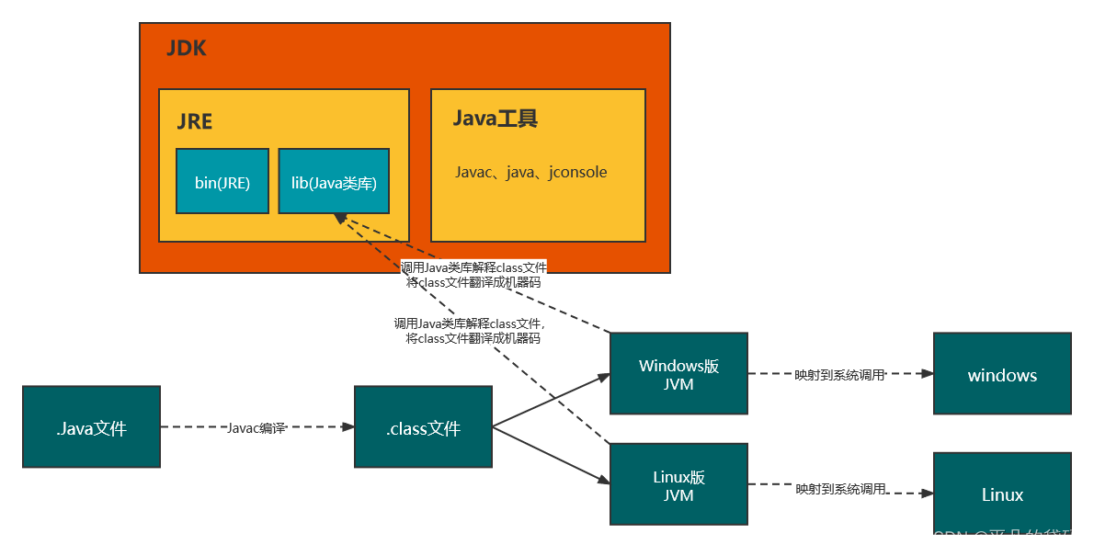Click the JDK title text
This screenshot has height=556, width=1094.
[x=187, y=49]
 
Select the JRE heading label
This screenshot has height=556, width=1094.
[x=195, y=122]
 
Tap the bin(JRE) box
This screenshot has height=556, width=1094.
[x=222, y=182]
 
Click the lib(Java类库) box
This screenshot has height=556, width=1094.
[x=334, y=182]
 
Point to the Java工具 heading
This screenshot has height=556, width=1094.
[x=495, y=119]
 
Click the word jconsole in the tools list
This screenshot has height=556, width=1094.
[x=577, y=173]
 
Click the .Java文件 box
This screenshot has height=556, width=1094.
[x=91, y=427]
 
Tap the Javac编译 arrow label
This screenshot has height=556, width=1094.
[x=256, y=427]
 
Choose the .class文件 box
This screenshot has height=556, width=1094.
[x=423, y=427]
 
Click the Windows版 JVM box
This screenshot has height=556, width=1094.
[x=678, y=375]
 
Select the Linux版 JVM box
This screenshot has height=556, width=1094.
[x=678, y=486]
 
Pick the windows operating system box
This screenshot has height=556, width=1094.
[x=1002, y=375]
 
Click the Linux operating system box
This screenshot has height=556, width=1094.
[x=1002, y=494]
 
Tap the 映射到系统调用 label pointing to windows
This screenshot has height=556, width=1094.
[x=839, y=374]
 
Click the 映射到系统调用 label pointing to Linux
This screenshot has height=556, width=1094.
[x=839, y=489]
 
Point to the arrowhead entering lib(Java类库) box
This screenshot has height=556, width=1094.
[x=340, y=218]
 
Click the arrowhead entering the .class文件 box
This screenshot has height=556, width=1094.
[x=348, y=427]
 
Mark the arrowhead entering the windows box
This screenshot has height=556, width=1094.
[x=928, y=374]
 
